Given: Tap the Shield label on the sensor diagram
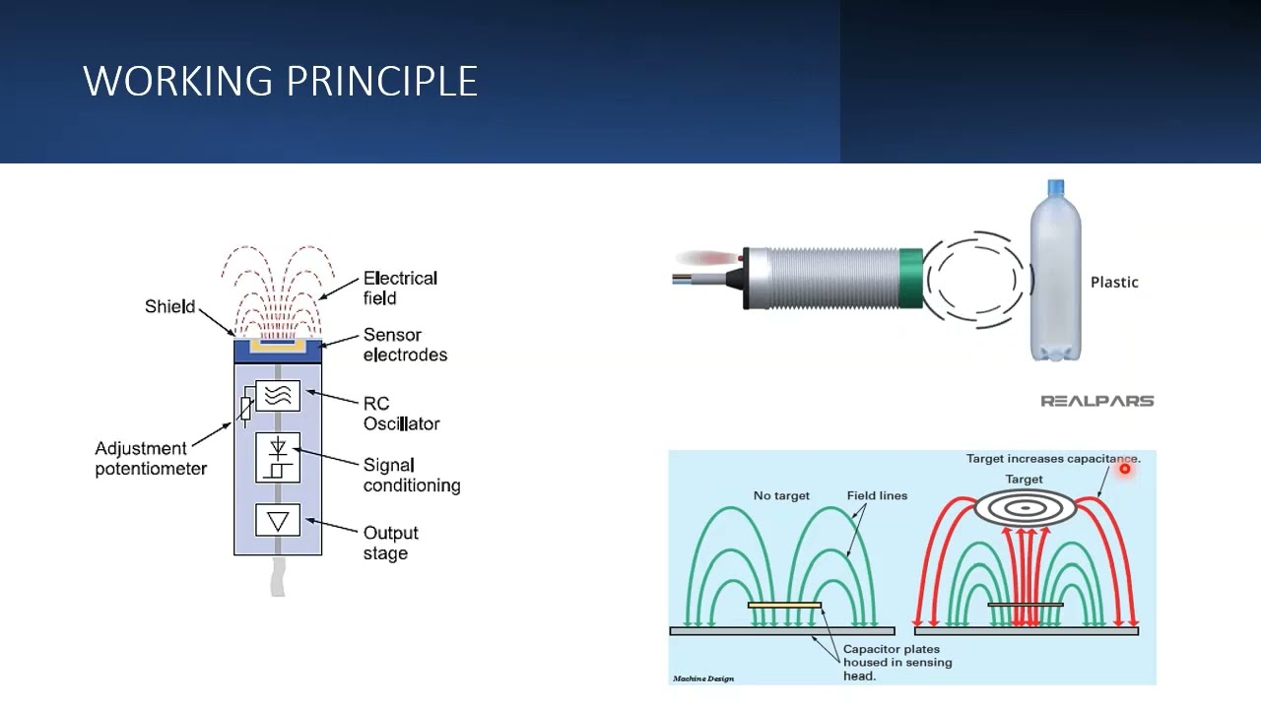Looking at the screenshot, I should (x=169, y=306).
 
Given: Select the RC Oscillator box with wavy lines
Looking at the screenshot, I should (x=278, y=396).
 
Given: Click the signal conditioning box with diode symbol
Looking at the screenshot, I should (x=278, y=458).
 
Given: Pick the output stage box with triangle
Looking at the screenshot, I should (x=278, y=520).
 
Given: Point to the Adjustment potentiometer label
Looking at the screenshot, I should (x=151, y=459).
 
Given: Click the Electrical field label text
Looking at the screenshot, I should (x=400, y=288).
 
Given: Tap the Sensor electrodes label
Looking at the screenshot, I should (x=405, y=345).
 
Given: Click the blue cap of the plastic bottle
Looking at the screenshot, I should (x=1055, y=187).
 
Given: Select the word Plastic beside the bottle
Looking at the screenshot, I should (x=1114, y=283).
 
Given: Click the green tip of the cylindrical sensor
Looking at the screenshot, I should (x=910, y=279).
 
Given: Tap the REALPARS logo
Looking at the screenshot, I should (x=1096, y=401).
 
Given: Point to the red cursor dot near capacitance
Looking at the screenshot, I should (x=1124, y=470).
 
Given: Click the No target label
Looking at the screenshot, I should (x=781, y=495).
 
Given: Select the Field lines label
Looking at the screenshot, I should (x=877, y=495).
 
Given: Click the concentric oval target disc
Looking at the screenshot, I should (x=1026, y=507).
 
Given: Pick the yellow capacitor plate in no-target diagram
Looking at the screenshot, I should (x=784, y=605).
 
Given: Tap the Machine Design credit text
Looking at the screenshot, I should (x=703, y=678).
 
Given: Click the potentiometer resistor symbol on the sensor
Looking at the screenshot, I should (x=245, y=409).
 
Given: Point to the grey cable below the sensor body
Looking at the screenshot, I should (x=278, y=575).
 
